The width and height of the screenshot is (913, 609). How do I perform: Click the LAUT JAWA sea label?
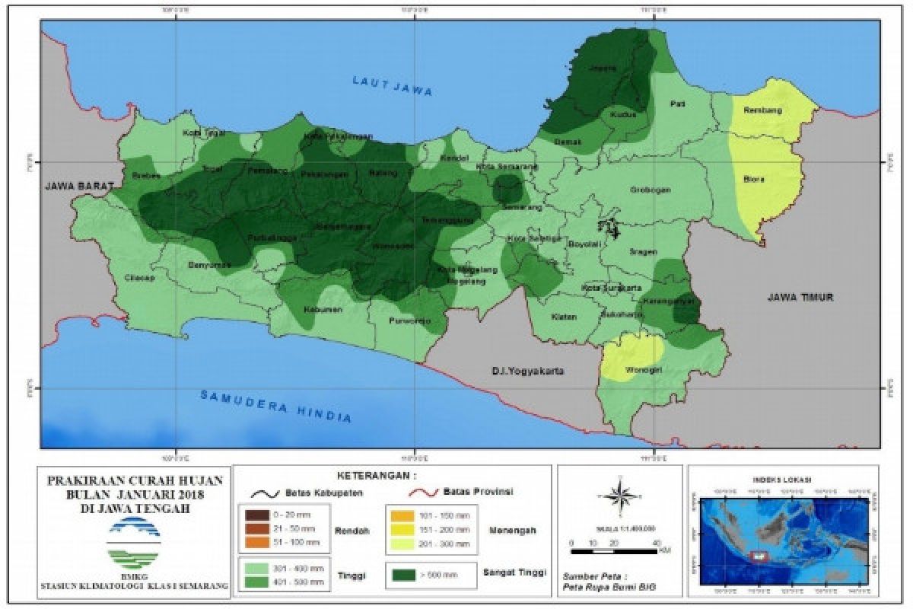point(392,86)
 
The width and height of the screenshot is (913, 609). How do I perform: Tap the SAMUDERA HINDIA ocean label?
point(275,405)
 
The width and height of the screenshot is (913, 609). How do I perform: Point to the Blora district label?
point(754,180)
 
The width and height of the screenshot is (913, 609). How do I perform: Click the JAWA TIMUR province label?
point(800,298)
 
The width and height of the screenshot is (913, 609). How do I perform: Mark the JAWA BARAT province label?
point(78,186)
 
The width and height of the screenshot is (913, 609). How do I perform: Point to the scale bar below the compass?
point(612,549)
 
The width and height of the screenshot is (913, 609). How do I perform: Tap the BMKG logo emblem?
point(135,543)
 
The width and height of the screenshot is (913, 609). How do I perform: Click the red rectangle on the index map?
point(758,555)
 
